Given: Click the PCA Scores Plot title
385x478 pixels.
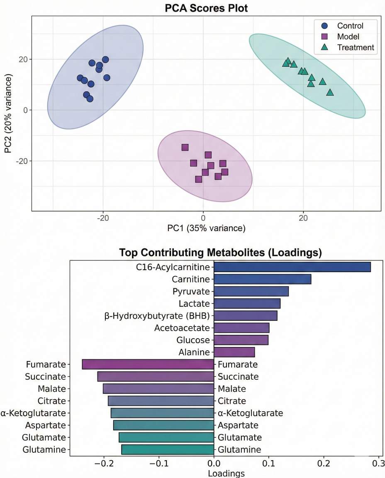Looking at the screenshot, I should point(206,8).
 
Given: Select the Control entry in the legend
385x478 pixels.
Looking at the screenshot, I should point(350,26).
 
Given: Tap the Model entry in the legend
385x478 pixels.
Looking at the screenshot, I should point(348,37).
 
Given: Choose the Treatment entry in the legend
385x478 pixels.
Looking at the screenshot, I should point(356,47).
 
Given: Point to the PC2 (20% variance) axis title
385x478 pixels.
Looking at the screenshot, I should point(8,114).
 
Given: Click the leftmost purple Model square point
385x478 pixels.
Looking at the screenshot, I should point(185,147).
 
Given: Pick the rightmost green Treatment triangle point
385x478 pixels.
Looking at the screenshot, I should point(330,92).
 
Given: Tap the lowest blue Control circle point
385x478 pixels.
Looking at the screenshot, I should point(90,99).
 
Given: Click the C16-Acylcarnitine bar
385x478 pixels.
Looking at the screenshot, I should point(292,267).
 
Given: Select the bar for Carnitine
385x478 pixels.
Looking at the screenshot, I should point(262,279).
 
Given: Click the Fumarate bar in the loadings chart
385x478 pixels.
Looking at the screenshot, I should point(148,364).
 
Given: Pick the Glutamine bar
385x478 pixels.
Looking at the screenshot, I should point(167,449).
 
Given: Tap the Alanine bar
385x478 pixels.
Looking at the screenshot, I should point(234,352).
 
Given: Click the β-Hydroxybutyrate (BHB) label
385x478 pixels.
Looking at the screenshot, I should point(157,316).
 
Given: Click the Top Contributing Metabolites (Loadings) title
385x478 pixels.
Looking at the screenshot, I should point(220,253).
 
